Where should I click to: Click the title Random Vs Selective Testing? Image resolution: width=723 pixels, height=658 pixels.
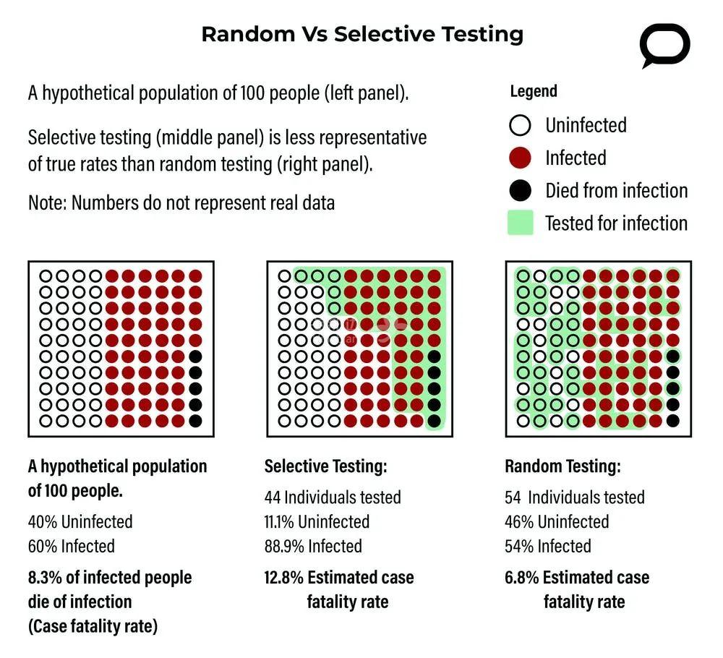point(361,34)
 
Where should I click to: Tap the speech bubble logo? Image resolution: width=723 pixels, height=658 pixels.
point(664,46)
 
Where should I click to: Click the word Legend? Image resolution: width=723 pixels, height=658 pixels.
point(534,91)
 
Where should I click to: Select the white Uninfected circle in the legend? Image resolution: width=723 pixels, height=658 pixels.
point(520,126)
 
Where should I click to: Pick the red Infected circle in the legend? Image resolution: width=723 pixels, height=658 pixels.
point(520,158)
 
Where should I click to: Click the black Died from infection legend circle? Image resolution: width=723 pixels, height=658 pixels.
point(520,191)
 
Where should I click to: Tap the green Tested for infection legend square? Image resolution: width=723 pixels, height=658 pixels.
point(520,223)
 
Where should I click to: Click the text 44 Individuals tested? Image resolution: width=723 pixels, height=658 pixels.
point(333,497)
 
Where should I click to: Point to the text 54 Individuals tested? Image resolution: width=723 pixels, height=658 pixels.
point(575,497)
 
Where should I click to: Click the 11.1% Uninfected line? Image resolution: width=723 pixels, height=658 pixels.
point(317,521)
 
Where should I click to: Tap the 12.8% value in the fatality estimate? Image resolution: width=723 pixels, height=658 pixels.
point(283,578)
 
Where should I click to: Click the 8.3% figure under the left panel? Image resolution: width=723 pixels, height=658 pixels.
point(46,578)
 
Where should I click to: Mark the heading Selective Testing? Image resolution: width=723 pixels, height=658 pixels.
point(325,466)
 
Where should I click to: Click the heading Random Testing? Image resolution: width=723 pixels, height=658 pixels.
point(562,466)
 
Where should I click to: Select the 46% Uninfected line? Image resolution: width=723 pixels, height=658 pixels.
point(557,521)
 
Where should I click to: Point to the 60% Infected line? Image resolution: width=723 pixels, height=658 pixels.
point(71,546)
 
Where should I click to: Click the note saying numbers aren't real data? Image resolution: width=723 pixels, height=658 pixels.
point(181,202)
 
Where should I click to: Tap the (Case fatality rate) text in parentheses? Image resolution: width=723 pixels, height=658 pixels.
point(93,625)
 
